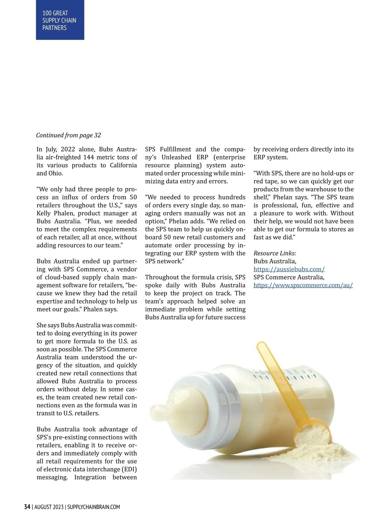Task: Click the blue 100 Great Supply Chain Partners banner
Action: [x=60, y=20]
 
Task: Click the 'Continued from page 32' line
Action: [x=68, y=135]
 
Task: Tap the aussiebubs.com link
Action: [x=289, y=269]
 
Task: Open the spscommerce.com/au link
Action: [x=303, y=285]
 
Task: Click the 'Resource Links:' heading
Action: [x=275, y=253]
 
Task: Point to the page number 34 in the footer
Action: [x=27, y=507]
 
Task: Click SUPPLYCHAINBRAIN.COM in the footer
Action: [x=94, y=507]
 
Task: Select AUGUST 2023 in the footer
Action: [x=49, y=507]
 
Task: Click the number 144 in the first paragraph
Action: [x=89, y=157]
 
